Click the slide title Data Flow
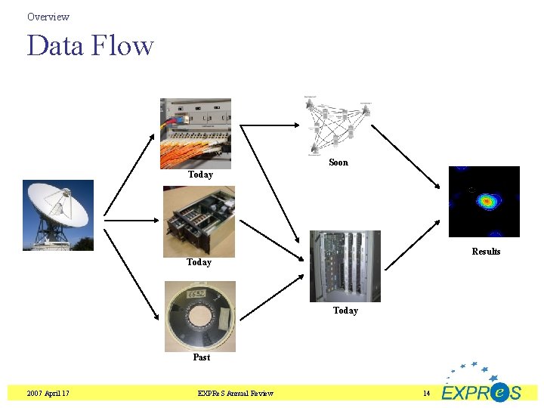click(90, 46)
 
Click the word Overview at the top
click(48, 17)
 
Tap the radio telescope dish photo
click(58, 215)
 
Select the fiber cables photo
click(196, 133)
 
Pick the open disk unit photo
click(199, 221)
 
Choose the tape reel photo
click(200, 317)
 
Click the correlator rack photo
click(345, 266)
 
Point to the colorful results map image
click(484, 202)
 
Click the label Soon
click(338, 162)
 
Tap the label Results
click(486, 252)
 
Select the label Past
click(201, 357)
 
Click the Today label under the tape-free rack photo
click(345, 311)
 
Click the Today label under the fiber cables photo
click(200, 175)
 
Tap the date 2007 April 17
click(48, 393)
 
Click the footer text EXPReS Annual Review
click(236, 393)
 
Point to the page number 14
click(426, 393)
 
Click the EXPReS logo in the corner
click(481, 385)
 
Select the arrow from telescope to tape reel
click(131, 277)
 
